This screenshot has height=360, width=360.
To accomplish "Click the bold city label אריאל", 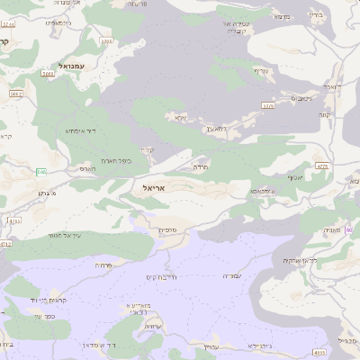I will pos(156,187).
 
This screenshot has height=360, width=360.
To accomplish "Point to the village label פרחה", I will pos(102,265).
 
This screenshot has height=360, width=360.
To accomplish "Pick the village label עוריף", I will pos(260,71).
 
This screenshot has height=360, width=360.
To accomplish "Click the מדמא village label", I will pos(282,16).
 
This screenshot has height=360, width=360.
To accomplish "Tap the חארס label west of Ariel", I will pos(86,168).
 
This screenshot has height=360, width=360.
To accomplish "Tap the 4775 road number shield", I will pos(322,165).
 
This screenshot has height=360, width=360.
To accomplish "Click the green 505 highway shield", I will pos(40,172).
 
